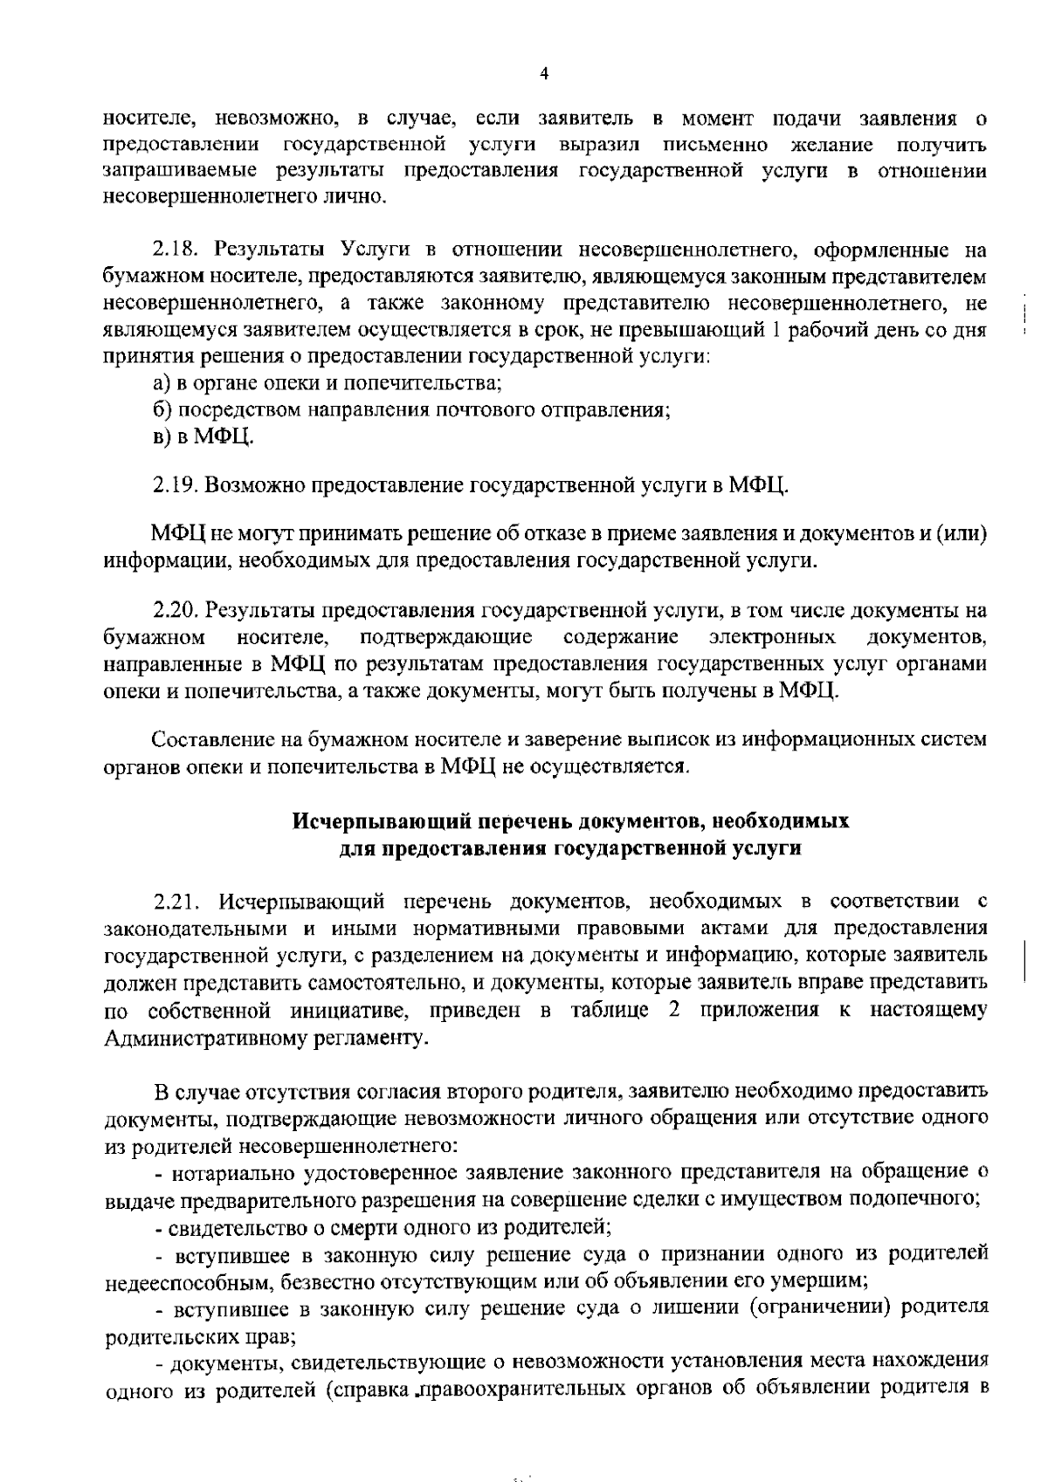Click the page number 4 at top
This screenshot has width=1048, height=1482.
[x=544, y=74]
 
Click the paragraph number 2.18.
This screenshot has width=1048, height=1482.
[x=175, y=250]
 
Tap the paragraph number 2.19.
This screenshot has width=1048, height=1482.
[x=175, y=484]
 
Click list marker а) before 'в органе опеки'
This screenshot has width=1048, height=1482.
[x=161, y=382]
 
